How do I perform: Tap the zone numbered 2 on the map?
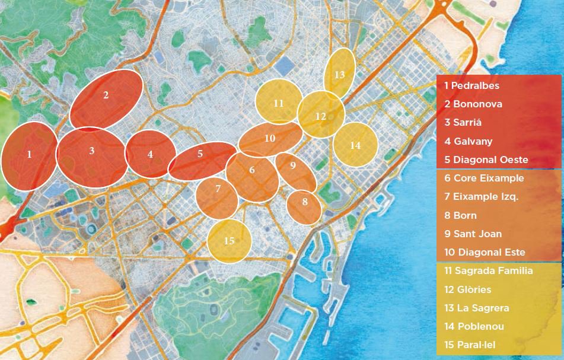tap(106, 95)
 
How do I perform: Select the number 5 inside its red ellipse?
tap(200, 154)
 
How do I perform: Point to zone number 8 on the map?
tap(304, 202)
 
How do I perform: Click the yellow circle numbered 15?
tap(230, 241)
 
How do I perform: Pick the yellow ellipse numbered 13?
tap(339, 75)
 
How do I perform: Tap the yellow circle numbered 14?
tap(355, 145)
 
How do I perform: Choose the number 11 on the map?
tap(279, 103)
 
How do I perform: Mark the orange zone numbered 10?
tap(270, 138)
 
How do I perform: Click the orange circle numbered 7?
tap(218, 189)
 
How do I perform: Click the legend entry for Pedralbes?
tap(471, 85)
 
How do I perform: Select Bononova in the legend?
tap(473, 104)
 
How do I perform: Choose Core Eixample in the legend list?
tap(484, 178)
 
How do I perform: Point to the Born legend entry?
tap(460, 215)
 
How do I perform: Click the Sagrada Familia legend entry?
tap(488, 271)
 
